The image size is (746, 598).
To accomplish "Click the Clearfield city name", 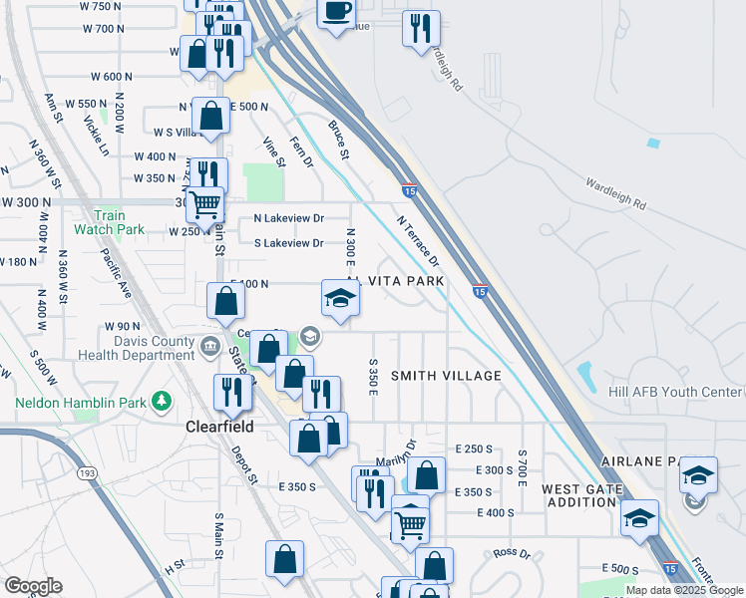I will [219, 426].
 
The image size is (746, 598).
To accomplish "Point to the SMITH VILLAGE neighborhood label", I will [446, 376].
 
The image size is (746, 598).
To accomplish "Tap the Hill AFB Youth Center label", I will [677, 392].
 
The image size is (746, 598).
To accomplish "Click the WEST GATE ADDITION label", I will [582, 495].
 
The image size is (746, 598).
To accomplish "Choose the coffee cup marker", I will [337, 10].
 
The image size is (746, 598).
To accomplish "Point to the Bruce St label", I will [339, 141].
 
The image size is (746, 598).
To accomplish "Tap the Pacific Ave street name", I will [117, 274].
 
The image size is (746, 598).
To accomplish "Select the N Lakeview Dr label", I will [289, 217].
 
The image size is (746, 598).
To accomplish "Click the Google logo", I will [32, 586].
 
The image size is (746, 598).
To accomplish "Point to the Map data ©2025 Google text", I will [685, 590].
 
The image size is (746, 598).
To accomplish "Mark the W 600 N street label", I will [112, 76].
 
